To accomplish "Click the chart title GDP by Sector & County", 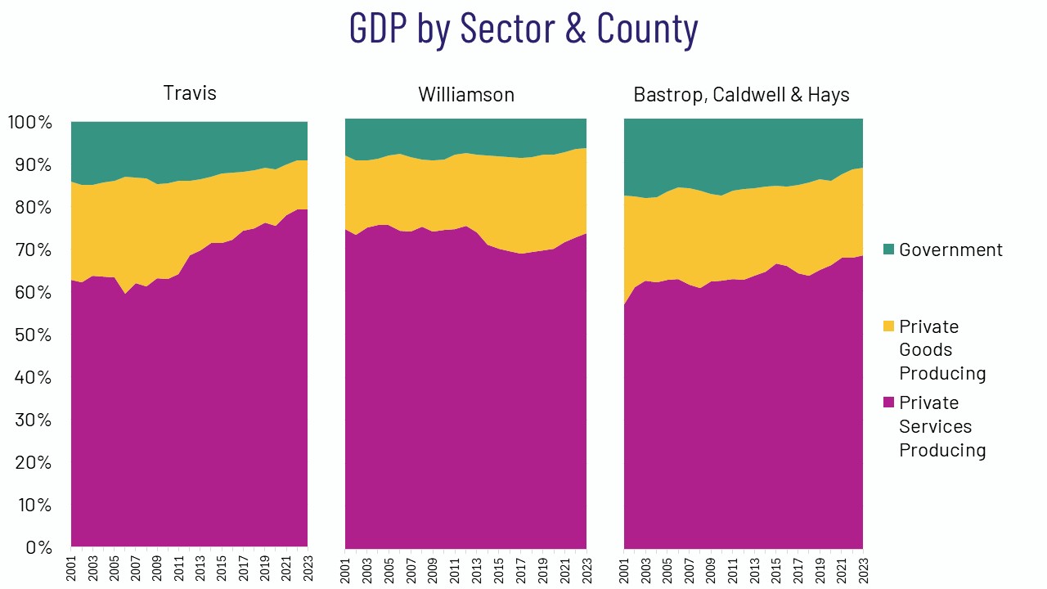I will pyautogui.click(x=523, y=29).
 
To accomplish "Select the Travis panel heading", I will pyautogui.click(x=190, y=92).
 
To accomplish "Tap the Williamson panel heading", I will pyautogui.click(x=466, y=95).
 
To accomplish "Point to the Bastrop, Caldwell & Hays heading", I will pyautogui.click(x=741, y=95).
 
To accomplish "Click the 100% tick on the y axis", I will pyautogui.click(x=30, y=123).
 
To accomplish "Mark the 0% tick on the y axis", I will pyautogui.click(x=37, y=547).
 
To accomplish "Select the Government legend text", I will pyautogui.click(x=950, y=250).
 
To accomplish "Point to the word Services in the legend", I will pyautogui.click(x=935, y=426).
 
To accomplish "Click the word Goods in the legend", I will pyautogui.click(x=926, y=349).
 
